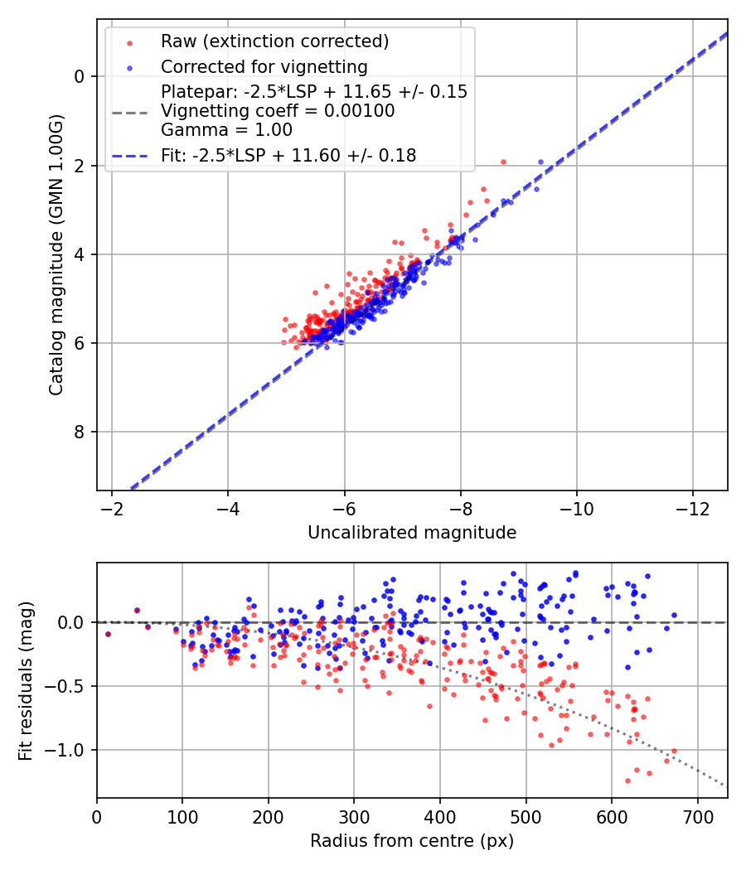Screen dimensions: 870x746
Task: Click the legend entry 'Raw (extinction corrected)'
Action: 274,41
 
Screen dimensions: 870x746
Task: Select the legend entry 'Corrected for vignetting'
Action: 264,66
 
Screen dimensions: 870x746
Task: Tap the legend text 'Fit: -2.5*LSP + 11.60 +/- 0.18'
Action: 288,155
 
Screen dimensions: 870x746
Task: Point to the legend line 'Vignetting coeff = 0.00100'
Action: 278,111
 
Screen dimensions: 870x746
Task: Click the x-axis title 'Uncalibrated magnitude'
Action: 412,533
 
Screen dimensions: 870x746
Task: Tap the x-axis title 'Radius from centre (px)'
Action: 412,841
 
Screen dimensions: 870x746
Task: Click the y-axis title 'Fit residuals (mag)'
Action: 26,681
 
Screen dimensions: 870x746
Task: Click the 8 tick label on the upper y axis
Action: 80,433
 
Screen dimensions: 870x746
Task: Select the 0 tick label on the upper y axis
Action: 80,76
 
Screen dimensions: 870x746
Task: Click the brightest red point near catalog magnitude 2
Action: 503,162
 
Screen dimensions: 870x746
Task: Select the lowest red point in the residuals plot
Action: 627,781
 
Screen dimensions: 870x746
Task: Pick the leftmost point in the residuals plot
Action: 108,634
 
